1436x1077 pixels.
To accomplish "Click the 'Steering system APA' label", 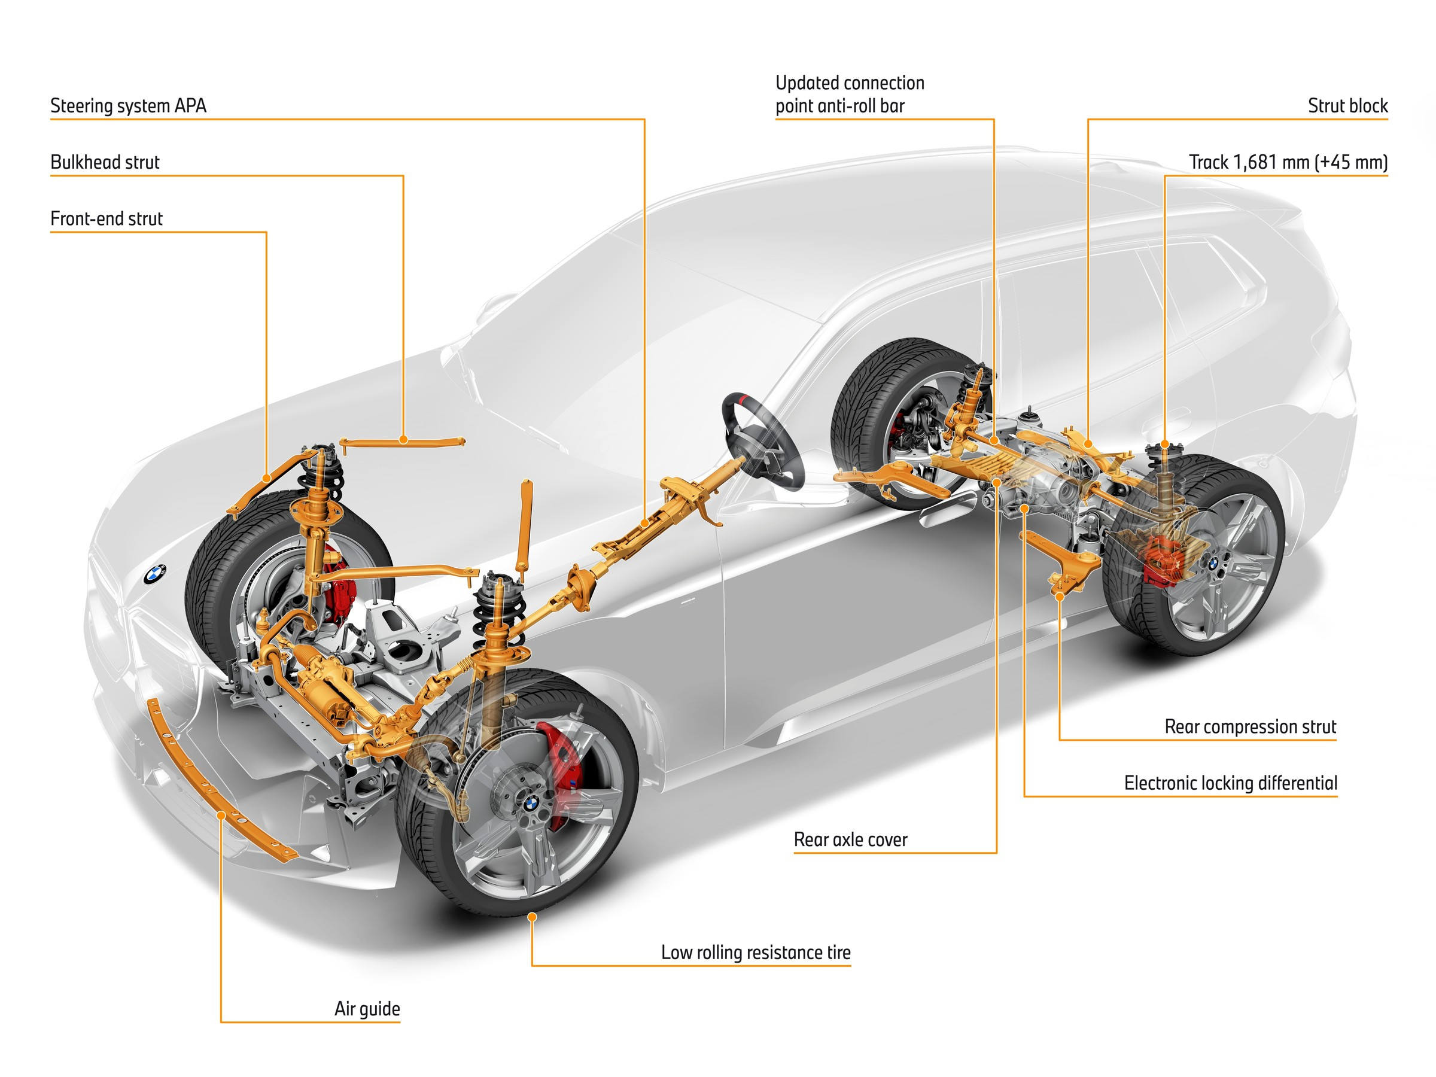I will tap(128, 106).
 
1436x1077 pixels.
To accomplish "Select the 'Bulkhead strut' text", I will tap(105, 162).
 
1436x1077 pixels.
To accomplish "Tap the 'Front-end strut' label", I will tap(107, 219).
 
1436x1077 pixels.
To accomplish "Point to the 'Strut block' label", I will tap(1347, 106).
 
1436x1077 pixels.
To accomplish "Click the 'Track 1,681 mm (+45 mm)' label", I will tap(1288, 162).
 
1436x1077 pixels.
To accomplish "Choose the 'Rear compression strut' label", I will tap(1250, 726).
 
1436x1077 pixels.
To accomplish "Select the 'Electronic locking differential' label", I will tap(1230, 783).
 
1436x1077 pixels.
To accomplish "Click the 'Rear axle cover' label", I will tap(850, 839).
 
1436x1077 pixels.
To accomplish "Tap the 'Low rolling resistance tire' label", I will tap(756, 953).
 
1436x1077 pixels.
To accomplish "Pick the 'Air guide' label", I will tap(367, 1009).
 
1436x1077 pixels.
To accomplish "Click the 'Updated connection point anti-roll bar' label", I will tap(849, 95).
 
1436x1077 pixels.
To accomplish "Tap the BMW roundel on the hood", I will tap(154, 574).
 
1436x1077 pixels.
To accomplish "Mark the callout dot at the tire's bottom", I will tap(532, 917).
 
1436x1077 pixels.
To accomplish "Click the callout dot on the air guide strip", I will tap(221, 815).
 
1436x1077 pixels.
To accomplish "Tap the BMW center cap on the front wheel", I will tap(532, 803).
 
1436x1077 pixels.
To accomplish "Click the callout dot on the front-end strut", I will tap(266, 479).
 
